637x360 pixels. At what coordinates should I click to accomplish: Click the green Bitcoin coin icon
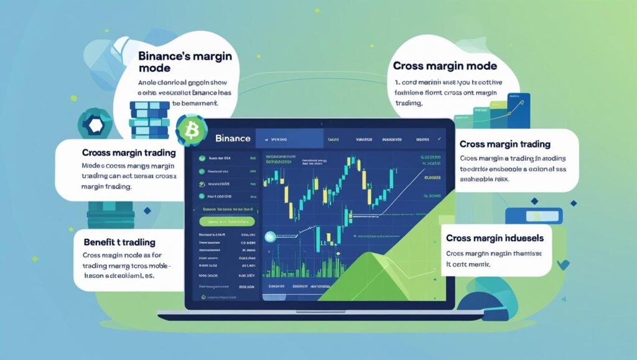click(187, 129)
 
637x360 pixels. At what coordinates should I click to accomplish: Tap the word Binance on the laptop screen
click(232, 137)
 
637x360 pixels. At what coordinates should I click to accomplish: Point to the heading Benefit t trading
click(119, 242)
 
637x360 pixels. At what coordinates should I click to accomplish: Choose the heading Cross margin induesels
click(495, 238)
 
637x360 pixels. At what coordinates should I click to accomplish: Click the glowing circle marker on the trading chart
click(270, 237)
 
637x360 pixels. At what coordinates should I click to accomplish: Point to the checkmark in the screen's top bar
click(440, 139)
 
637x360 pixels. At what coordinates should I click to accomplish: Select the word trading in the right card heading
click(530, 144)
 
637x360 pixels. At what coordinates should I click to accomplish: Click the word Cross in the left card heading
click(96, 152)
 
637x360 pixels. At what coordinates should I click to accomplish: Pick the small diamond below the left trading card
click(147, 211)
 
